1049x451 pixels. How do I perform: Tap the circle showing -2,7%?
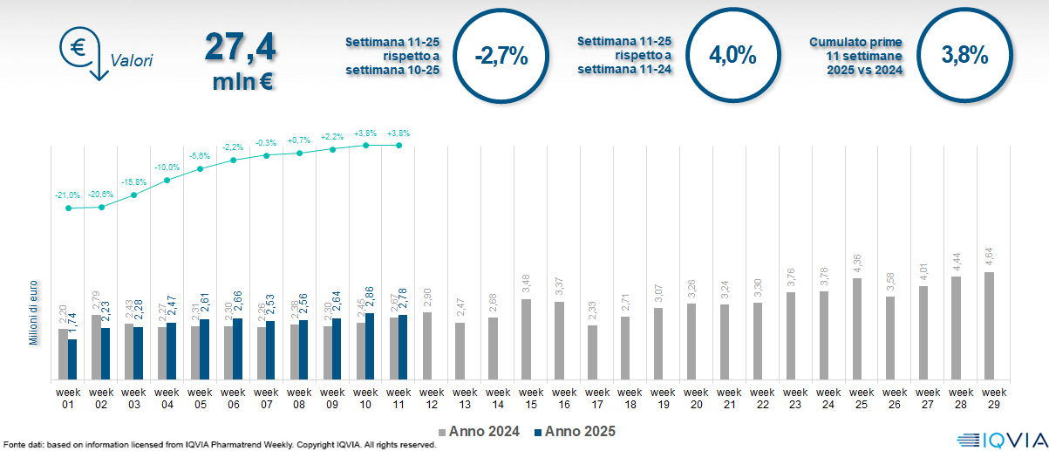(501, 56)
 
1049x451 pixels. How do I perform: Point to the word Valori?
(132, 61)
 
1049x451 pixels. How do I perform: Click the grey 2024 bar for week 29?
(989, 325)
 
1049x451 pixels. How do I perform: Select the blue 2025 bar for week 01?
(72, 359)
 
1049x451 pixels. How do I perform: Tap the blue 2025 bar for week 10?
(370, 346)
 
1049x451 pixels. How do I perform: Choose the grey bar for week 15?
(526, 339)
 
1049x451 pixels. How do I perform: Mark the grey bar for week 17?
(592, 352)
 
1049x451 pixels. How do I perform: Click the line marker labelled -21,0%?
(69, 208)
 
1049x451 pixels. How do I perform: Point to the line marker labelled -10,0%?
(167, 180)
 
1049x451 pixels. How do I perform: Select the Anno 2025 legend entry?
(575, 431)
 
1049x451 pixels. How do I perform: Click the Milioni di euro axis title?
(33, 311)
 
